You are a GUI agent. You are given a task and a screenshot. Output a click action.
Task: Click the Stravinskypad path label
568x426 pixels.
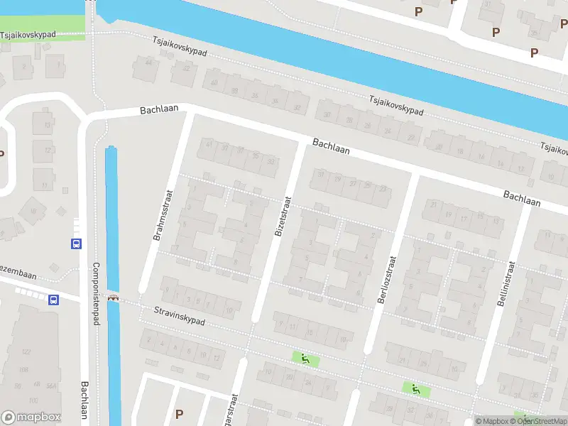tap(180, 316)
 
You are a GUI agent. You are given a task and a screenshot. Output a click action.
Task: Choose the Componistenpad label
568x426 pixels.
tap(95, 295)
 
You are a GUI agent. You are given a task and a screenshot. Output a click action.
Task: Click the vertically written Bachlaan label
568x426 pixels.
tap(85, 403)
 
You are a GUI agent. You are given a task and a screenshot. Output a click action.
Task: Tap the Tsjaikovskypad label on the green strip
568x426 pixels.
tap(28, 34)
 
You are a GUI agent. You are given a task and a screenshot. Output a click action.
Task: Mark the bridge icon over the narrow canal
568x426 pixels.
tap(112, 297)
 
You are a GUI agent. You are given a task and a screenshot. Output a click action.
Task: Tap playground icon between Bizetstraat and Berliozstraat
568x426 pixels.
tap(305, 359)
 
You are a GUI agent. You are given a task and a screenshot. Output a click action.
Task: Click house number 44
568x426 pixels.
tap(149, 62)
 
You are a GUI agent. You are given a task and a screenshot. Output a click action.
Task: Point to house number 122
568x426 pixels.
tap(27, 352)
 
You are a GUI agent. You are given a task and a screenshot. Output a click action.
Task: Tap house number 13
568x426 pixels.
tap(48, 126)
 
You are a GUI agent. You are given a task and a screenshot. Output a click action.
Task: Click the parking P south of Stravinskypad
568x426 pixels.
tap(179, 414)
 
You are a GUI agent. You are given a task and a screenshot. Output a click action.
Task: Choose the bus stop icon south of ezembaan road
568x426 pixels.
tap(53, 300)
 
